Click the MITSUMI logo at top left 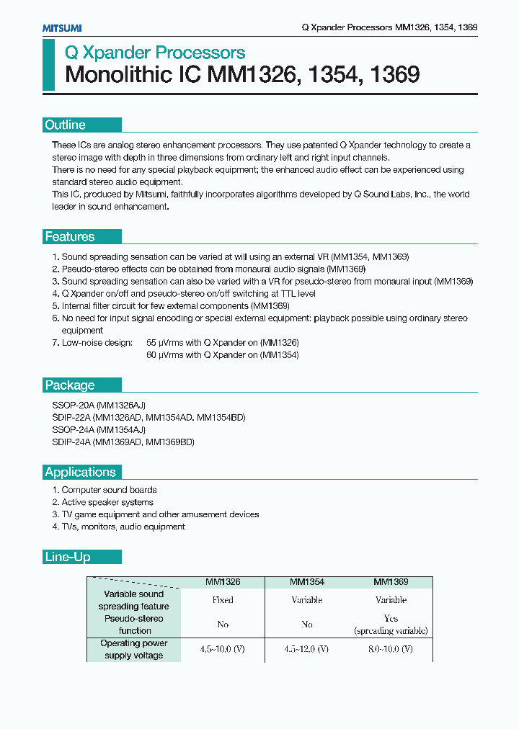coord(61,27)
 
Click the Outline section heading coord(66,125)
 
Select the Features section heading coord(70,236)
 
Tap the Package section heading coord(70,385)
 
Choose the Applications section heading coord(80,472)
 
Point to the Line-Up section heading coord(67,557)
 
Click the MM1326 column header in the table coord(223,581)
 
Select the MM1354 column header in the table coord(306,581)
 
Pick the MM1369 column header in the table coord(391,581)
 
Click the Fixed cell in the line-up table coord(223,600)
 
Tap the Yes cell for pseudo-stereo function coord(391,619)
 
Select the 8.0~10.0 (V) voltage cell coord(391,649)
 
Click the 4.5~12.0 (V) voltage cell coord(306,649)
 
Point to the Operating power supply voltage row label coord(133,649)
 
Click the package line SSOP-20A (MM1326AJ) coord(99,406)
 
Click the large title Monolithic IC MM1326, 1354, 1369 coord(242,76)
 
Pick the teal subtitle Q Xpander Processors coord(155,53)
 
